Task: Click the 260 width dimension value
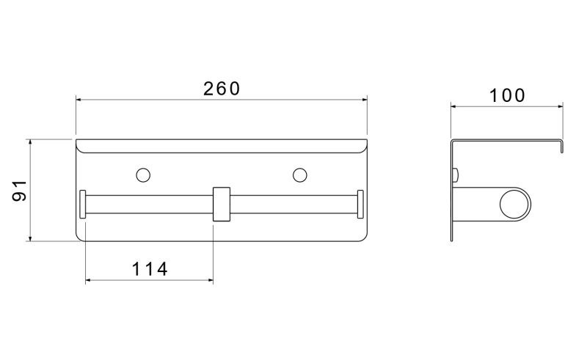(x=222, y=89)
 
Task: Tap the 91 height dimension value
(x=20, y=191)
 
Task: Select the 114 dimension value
(x=150, y=269)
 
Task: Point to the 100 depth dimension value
(x=507, y=96)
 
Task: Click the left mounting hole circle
(x=143, y=175)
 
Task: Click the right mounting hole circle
(x=300, y=175)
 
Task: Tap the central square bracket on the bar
(x=222, y=204)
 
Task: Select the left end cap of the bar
(x=83, y=204)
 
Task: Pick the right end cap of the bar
(x=360, y=204)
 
